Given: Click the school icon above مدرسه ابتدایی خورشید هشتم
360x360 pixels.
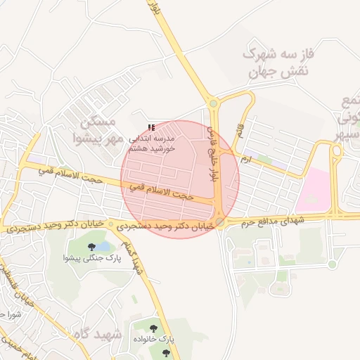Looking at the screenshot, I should [x=151, y=128].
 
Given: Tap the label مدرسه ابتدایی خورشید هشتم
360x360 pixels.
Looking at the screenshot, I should [x=151, y=143].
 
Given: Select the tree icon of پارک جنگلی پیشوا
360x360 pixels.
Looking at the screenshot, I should [x=92, y=247].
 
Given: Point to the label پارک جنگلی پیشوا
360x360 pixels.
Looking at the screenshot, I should [x=92, y=259].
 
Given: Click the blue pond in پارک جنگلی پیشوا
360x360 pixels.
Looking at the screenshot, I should [x=103, y=247].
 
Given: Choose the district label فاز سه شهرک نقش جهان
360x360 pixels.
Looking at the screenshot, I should [x=276, y=62].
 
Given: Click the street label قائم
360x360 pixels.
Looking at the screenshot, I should [x=241, y=130].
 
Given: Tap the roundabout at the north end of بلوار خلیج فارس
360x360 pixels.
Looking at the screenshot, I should [x=214, y=104].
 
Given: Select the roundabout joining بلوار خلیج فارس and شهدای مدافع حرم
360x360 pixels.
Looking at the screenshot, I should [x=220, y=222].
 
